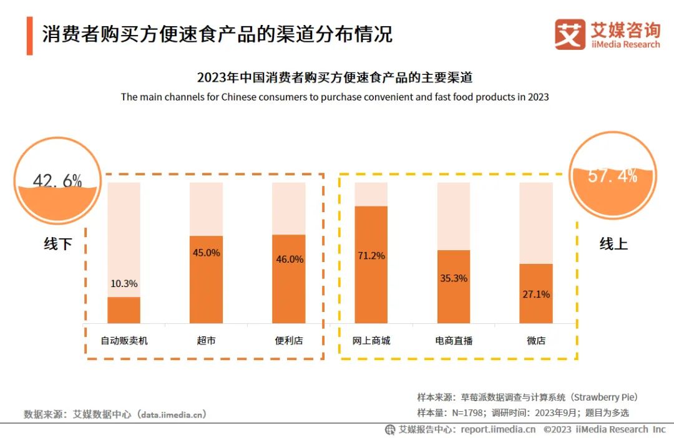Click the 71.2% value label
371,256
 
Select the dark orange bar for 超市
206,280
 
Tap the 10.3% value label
124,283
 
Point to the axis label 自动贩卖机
124,341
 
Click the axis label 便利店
288,341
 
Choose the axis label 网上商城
371,341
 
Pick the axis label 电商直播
454,341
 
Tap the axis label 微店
535,341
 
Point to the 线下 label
58,244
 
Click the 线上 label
613,244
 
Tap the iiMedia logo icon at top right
570,34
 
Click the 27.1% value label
536,294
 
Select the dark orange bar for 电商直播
454,286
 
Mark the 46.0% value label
289,259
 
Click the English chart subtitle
335,97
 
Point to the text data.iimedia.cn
172,414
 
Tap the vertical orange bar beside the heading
29,36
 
